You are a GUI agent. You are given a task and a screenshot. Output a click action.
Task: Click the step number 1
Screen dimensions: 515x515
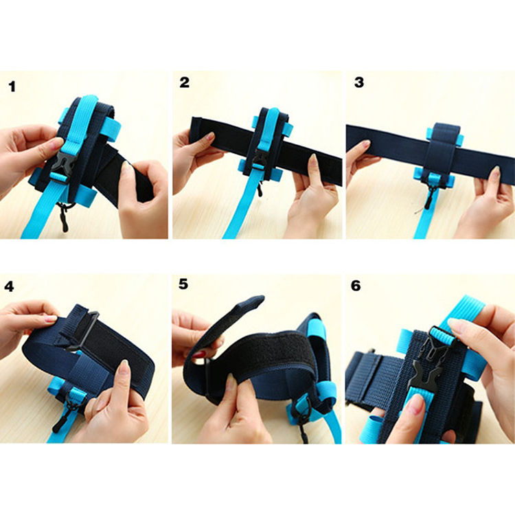[12, 87]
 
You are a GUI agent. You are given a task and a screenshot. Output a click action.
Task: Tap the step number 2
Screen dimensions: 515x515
[184, 82]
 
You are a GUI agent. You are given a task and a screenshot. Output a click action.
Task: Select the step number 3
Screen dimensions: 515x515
[359, 82]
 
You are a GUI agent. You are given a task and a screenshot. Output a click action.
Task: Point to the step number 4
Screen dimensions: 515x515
[9, 287]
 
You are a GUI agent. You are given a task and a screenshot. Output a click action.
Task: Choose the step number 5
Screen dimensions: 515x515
[183, 284]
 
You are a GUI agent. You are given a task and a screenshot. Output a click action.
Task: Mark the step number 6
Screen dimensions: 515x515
[356, 286]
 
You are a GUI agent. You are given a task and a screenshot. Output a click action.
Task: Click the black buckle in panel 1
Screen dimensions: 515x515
[62, 168]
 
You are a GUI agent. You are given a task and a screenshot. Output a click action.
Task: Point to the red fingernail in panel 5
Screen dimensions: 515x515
[198, 354]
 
